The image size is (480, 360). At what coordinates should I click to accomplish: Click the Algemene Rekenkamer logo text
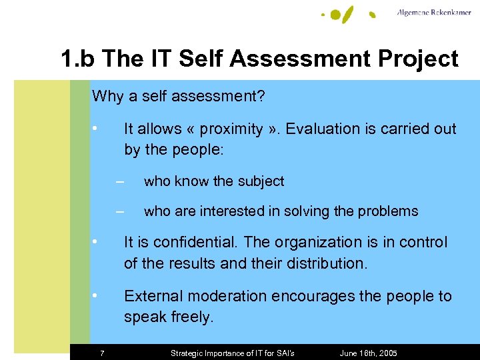tap(434, 13)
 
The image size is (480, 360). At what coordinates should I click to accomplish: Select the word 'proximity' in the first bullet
tap(231, 129)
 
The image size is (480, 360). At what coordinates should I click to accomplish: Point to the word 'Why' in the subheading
tap(107, 97)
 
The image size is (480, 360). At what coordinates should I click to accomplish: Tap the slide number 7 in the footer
tap(102, 353)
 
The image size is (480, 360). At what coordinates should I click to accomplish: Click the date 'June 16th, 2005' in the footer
tap(368, 353)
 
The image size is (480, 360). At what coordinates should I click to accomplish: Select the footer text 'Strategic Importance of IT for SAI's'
tap(233, 353)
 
